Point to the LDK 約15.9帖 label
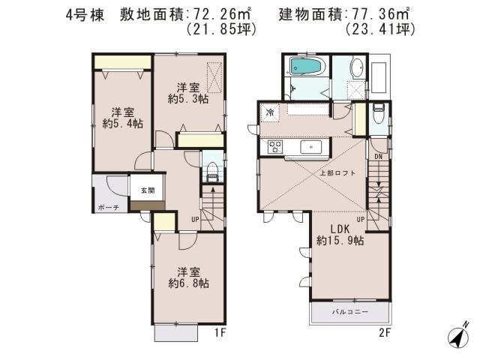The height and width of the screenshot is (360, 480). pyautogui.click(x=340, y=235)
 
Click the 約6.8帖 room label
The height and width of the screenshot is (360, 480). pyautogui.click(x=188, y=277)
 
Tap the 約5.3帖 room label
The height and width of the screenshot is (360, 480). pyautogui.click(x=188, y=93)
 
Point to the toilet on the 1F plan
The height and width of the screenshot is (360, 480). pyautogui.click(x=211, y=169)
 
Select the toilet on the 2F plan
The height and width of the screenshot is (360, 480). pyautogui.click(x=379, y=115)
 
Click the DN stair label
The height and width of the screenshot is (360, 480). pyautogui.click(x=379, y=157)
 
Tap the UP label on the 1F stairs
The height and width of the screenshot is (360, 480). pyautogui.click(x=195, y=219)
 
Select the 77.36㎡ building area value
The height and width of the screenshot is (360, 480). pyautogui.click(x=377, y=13)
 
